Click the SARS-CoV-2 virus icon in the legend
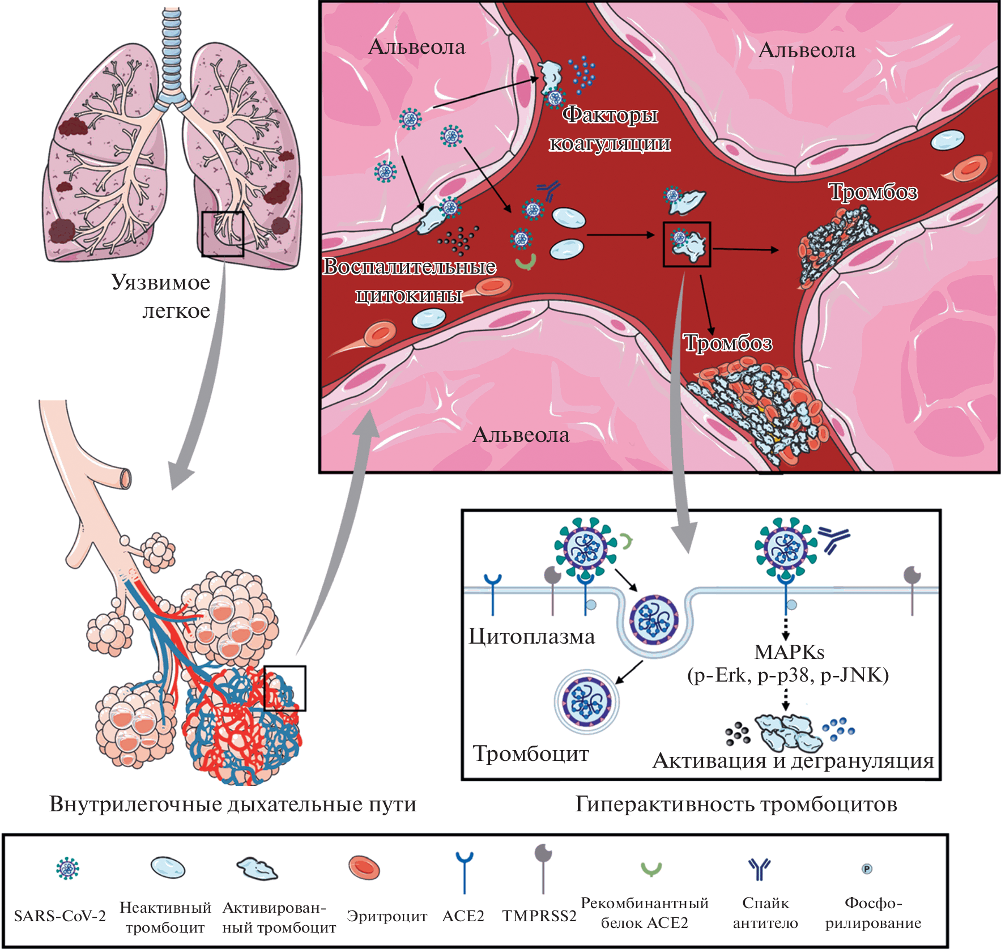68,868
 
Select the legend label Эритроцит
387,916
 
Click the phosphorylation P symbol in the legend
867,869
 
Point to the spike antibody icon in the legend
759,869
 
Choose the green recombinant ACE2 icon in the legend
651,869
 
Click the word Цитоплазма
531,637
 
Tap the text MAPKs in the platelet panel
789,652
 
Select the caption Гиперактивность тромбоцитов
736,804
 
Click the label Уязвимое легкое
161,296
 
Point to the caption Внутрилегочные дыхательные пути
233,804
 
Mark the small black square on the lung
223,233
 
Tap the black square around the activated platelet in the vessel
687,244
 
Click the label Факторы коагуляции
610,129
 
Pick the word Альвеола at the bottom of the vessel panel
521,435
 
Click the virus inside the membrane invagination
655,619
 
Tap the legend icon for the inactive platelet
168,867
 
